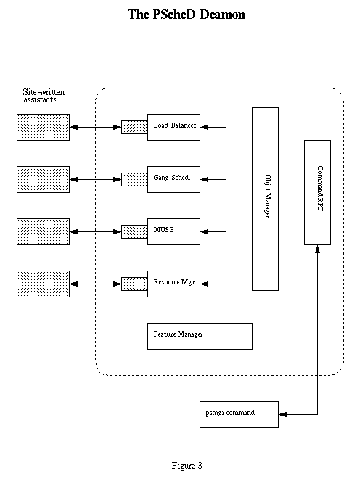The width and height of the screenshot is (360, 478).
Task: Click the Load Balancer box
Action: (x=173, y=127)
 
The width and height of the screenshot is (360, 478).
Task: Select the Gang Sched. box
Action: (x=173, y=179)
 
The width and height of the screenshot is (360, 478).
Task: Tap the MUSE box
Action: (x=173, y=231)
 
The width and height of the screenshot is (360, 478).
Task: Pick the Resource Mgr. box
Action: (x=173, y=284)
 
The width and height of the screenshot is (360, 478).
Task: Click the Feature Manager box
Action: (x=200, y=336)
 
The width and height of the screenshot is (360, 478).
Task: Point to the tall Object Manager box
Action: (x=265, y=199)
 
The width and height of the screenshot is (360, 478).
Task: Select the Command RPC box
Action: (x=317, y=192)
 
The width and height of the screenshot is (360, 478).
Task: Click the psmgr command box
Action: (x=239, y=414)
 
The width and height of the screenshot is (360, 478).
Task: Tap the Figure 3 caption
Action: (x=187, y=466)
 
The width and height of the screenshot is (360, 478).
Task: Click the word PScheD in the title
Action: (x=173, y=15)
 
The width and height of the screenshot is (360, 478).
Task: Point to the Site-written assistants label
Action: (x=44, y=96)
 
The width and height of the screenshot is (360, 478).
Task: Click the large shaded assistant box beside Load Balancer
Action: (x=43, y=127)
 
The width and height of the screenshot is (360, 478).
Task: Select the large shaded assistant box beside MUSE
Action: (x=43, y=231)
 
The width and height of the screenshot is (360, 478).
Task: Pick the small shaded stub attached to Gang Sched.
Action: (x=134, y=179)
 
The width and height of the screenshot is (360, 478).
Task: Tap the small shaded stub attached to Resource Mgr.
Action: (x=134, y=284)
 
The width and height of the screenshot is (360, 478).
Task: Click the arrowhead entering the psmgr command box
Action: (x=282, y=414)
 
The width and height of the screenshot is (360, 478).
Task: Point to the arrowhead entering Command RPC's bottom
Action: (x=317, y=249)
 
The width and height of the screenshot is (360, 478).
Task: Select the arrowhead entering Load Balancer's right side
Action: (x=204, y=127)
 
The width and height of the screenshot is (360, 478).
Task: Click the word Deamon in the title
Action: (x=222, y=15)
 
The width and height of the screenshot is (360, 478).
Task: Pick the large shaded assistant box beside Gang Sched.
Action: (x=43, y=179)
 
